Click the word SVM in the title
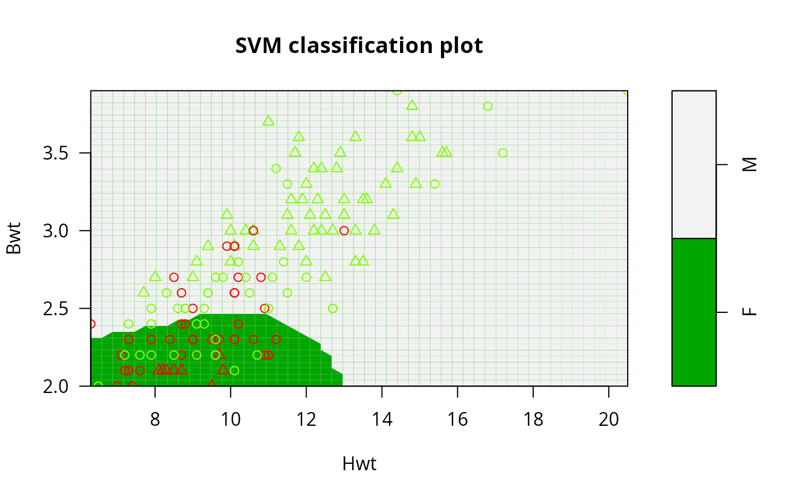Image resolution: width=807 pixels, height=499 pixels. tap(258, 46)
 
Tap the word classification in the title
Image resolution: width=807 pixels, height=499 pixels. tap(360, 46)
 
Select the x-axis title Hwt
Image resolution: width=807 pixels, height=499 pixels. tap(359, 464)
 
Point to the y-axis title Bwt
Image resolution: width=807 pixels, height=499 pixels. tap(14, 239)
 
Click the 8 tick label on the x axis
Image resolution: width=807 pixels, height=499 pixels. tap(155, 419)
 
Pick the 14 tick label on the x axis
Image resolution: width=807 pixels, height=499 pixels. tap(382, 419)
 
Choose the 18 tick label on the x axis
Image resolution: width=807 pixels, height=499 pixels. tap(533, 419)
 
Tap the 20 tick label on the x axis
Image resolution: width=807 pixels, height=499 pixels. tap(609, 419)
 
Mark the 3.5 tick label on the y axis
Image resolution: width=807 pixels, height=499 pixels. tap(55, 153)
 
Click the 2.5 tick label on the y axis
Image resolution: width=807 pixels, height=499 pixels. tap(55, 308)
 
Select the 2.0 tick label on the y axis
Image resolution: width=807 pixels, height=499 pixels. tap(55, 386)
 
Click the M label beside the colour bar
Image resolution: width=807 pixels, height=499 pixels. tap(750, 165)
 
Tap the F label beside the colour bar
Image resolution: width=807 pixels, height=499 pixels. tap(750, 312)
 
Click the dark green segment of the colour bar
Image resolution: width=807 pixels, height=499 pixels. tap(694, 312)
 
